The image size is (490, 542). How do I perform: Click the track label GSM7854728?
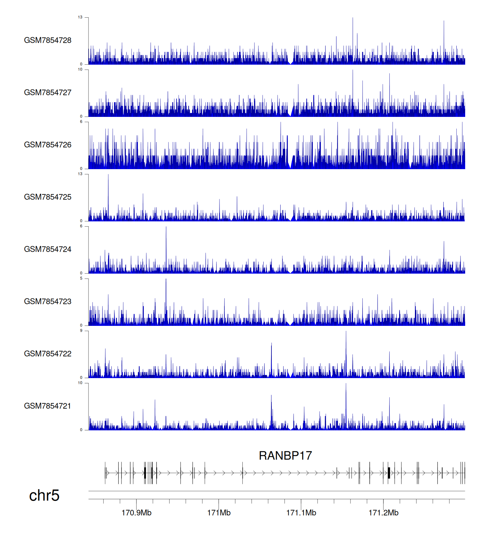point(48,40)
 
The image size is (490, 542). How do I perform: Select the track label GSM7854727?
point(48,92)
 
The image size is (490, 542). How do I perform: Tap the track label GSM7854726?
point(48,145)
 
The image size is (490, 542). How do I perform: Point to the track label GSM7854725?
point(48,197)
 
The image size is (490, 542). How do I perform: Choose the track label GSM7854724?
point(48,249)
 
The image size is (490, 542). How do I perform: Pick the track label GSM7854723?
point(48,301)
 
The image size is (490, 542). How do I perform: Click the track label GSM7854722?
point(48,354)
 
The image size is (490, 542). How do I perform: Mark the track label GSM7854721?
point(48,406)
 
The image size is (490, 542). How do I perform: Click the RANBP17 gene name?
point(285,455)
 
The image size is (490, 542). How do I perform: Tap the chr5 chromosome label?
point(44,495)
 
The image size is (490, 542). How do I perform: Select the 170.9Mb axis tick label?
point(137,513)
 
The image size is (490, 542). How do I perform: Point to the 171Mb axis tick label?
point(219,513)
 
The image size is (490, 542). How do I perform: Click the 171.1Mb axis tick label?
point(301,513)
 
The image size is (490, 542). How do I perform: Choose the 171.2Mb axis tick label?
point(384,513)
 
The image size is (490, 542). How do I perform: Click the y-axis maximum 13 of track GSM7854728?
point(80,17)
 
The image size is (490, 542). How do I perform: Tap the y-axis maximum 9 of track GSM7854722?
point(81,331)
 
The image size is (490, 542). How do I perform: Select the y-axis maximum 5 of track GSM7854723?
point(81,279)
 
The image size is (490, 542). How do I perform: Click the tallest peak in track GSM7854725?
point(108,175)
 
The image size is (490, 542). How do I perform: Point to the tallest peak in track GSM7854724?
point(166,227)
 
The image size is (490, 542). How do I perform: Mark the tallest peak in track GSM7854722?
point(346,332)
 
